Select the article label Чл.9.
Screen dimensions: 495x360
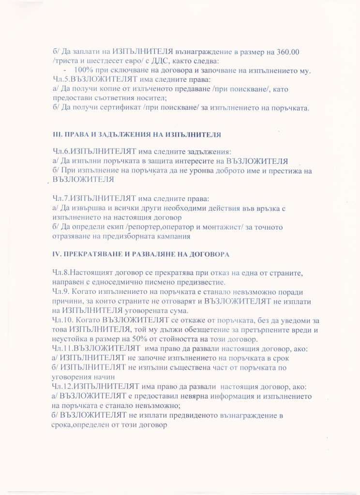point(61,291)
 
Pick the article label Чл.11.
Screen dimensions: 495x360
point(63,349)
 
